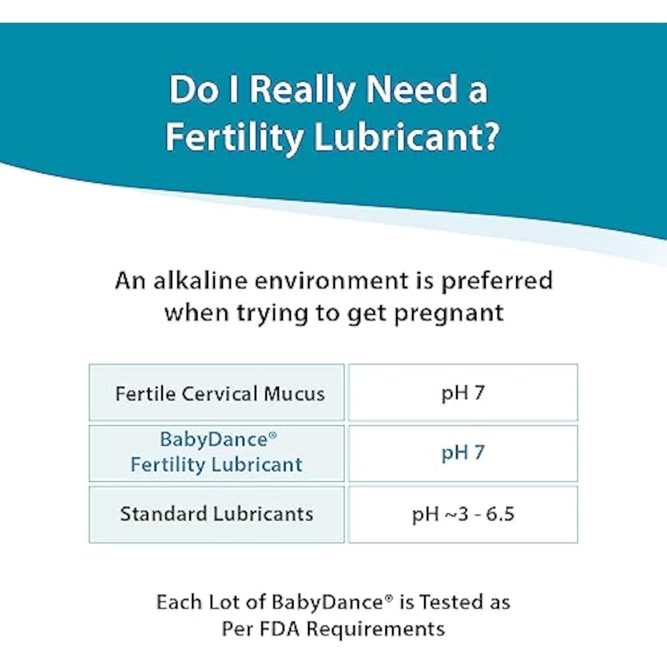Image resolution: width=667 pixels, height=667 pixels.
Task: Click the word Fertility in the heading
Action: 235,137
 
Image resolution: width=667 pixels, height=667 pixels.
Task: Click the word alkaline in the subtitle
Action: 200,281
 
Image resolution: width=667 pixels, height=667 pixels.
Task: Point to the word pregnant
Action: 449,313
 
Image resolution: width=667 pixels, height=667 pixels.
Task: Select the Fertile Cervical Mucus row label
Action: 220,394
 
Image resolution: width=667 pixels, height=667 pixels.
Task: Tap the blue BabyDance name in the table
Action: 214,439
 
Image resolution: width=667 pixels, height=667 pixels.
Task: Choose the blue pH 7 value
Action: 463,453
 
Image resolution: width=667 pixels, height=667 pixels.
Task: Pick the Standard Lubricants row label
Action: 217,514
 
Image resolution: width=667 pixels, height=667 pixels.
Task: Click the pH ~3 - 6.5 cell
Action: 463,514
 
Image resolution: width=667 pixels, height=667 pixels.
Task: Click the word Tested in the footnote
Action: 452,602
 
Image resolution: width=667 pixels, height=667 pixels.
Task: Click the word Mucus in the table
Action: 294,394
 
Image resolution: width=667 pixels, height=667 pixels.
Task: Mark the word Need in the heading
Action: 411,89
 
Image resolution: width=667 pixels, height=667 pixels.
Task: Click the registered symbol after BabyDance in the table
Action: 273,435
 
